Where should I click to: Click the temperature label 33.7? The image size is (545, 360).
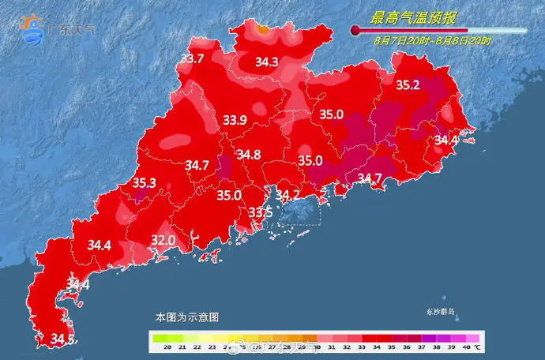[x=193, y=58]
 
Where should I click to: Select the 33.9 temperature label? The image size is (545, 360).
[x=235, y=120]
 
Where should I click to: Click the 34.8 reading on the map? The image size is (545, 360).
[x=249, y=155]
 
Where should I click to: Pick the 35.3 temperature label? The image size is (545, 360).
[x=144, y=183]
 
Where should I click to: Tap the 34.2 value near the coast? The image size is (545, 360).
[x=287, y=194]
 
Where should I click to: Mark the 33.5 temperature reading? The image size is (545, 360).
[x=261, y=212]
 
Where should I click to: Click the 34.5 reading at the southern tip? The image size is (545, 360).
[x=63, y=339]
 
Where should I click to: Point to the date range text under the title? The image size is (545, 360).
[x=433, y=39]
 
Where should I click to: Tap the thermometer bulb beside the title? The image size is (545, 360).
[x=356, y=31]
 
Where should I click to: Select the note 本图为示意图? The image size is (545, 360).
[x=186, y=316]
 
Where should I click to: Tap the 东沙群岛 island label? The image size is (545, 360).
[x=440, y=312]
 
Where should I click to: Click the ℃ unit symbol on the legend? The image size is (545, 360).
[x=478, y=347]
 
